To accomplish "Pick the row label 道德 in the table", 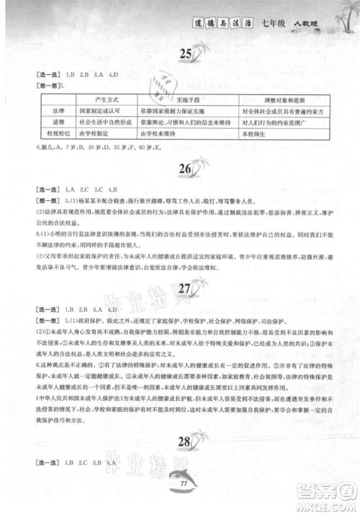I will click(x=50, y=123).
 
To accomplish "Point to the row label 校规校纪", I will click(x=50, y=133).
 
